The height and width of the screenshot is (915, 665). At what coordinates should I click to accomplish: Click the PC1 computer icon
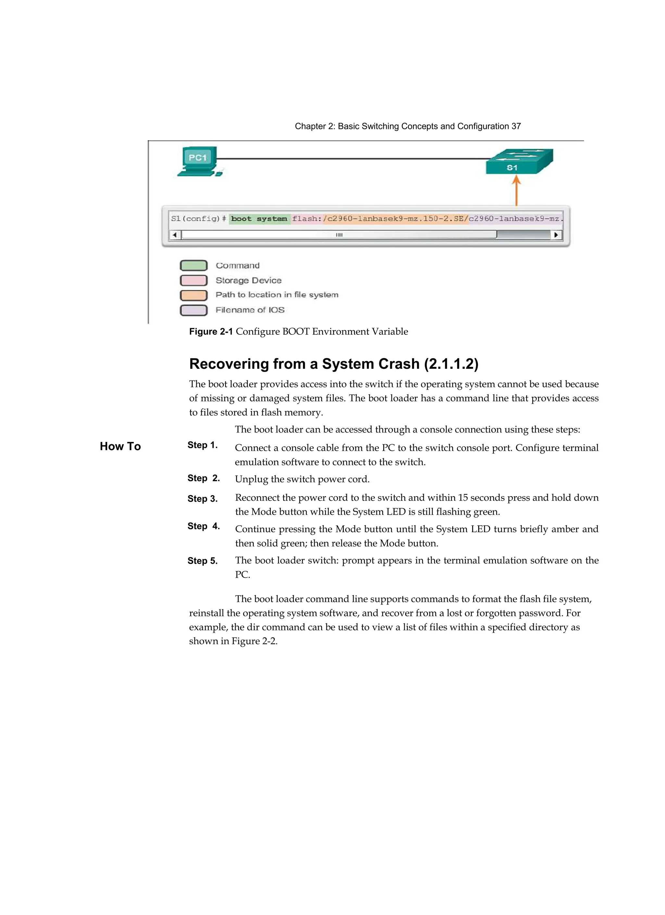(x=199, y=161)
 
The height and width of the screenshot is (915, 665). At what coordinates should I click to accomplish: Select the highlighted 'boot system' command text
(x=259, y=219)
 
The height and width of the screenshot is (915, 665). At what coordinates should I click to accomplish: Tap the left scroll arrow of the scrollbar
(x=175, y=235)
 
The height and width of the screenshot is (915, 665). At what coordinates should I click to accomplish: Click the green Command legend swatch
(x=194, y=266)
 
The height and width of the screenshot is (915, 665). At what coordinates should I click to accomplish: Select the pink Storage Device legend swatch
(x=194, y=281)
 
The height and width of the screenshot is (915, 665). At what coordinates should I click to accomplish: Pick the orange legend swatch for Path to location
(x=194, y=295)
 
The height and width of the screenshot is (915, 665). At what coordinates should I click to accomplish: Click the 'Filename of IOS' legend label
(x=250, y=310)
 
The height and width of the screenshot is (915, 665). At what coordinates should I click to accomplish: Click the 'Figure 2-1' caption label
(x=211, y=332)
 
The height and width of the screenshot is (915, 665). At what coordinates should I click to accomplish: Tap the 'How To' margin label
(x=120, y=446)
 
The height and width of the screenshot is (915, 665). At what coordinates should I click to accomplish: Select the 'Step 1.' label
(x=202, y=445)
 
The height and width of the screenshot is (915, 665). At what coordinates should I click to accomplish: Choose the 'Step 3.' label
(x=202, y=499)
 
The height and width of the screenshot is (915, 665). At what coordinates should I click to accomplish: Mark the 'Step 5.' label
(x=202, y=561)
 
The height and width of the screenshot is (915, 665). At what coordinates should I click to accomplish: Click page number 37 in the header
(x=516, y=126)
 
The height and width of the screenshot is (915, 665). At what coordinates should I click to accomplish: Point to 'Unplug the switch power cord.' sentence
(x=302, y=479)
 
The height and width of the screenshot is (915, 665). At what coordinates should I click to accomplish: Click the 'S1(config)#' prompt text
(x=198, y=219)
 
